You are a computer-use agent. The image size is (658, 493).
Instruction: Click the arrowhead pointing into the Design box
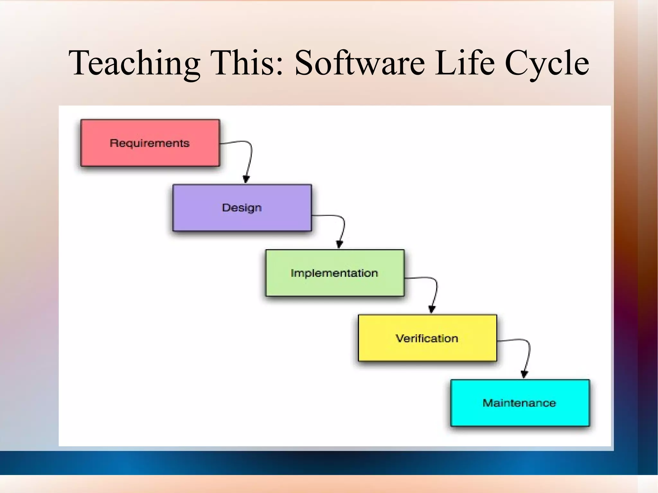pos(246,179)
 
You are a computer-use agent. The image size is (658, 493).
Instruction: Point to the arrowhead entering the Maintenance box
pos(524,374)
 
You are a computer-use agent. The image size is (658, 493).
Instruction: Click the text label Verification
pos(427,338)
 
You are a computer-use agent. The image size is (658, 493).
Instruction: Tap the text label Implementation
pos(334,273)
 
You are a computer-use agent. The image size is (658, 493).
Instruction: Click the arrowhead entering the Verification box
pos(432,309)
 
